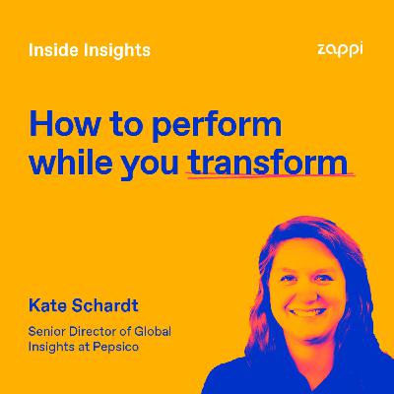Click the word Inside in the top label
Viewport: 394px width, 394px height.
pos(51,50)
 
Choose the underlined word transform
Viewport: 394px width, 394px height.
pos(271,164)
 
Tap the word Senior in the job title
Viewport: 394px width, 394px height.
pos(48,330)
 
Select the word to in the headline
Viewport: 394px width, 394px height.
pos(121,126)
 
